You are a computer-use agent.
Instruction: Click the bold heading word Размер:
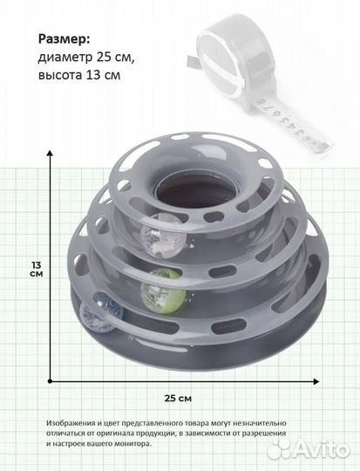coord(64,39)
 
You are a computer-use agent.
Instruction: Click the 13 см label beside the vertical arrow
coord(37,270)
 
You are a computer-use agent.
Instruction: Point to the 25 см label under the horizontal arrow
coord(178,399)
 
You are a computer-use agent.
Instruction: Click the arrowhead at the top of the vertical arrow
coord(50,153)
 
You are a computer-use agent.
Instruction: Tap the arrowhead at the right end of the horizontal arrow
coord(316,381)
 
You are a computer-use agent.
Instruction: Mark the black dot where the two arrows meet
coord(50,381)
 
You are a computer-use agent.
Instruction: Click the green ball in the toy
coord(163,291)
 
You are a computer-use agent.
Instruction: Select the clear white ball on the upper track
coord(163,235)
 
